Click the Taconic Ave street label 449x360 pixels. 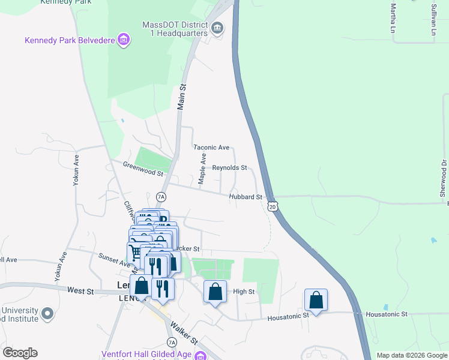pyautogui.click(x=211, y=147)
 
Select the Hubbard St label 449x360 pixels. pyautogui.click(x=246, y=197)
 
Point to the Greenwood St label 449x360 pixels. pyautogui.click(x=143, y=169)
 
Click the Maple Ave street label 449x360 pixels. pyautogui.click(x=203, y=169)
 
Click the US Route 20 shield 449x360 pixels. pyautogui.click(x=273, y=206)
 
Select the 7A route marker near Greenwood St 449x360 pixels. pyautogui.click(x=160, y=196)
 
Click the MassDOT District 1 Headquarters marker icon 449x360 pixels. pyautogui.click(x=217, y=27)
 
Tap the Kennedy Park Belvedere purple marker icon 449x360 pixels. pyautogui.click(x=124, y=40)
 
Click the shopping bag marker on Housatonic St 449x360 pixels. pyautogui.click(x=316, y=299)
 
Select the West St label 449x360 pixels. pyautogui.click(x=80, y=290)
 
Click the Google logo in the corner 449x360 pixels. pyautogui.click(x=20, y=353)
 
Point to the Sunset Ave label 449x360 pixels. pyautogui.click(x=114, y=259)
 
